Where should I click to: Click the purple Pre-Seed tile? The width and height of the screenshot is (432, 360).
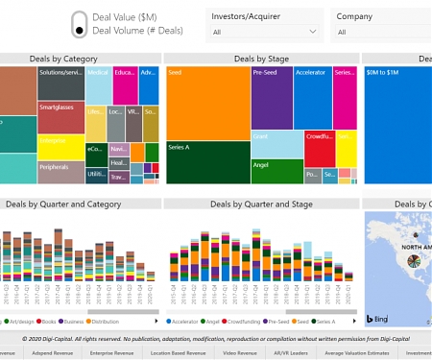tap(272, 97)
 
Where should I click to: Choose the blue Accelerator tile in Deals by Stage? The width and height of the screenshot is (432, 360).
tap(312, 97)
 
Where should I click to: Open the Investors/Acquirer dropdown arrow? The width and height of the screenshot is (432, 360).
tap(313, 32)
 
